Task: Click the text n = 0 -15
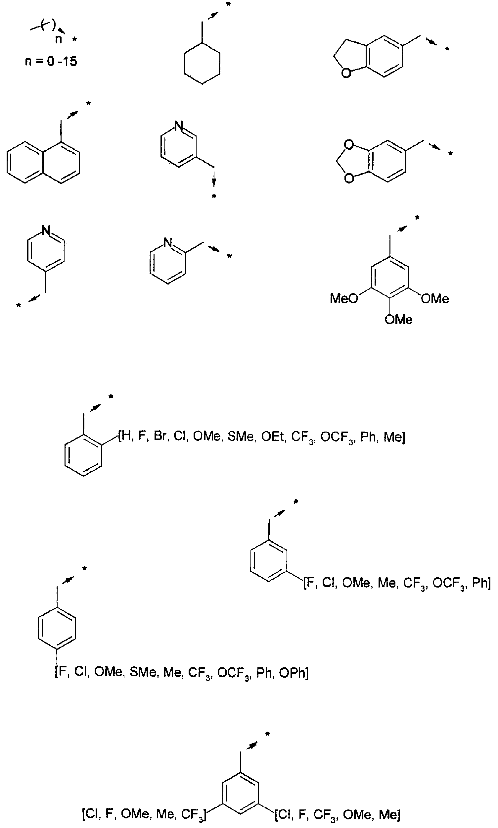pyautogui.click(x=51, y=61)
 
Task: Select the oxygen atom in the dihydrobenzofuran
pyautogui.click(x=346, y=73)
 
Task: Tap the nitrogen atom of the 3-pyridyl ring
pyautogui.click(x=179, y=126)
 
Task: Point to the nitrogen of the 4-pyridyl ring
pyautogui.click(x=46, y=231)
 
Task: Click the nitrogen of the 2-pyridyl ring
pyautogui.click(x=168, y=242)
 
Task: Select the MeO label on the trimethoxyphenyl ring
pyautogui.click(x=344, y=298)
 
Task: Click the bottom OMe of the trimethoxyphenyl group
pyautogui.click(x=399, y=320)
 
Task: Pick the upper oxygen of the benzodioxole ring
pyautogui.click(x=349, y=145)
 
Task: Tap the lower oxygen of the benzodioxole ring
pyautogui.click(x=349, y=178)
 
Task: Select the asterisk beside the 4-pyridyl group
pyautogui.click(x=19, y=305)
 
